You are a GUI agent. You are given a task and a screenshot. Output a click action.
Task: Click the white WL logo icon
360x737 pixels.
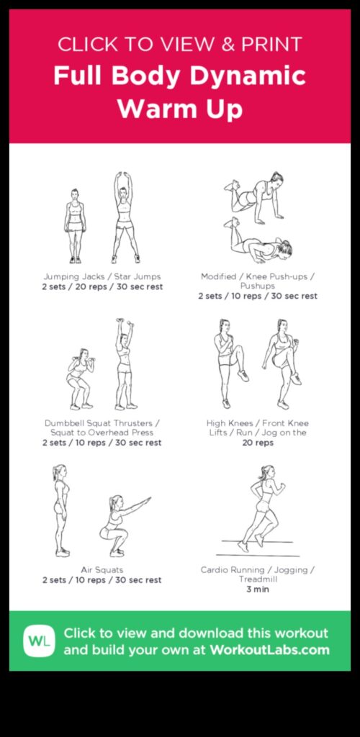tap(39, 641)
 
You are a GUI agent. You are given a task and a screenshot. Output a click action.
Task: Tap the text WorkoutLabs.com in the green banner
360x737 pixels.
tap(269, 650)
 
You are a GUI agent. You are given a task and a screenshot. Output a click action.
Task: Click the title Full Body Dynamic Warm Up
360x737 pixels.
tap(179, 93)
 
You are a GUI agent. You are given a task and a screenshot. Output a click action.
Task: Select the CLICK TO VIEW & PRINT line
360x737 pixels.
tap(179, 44)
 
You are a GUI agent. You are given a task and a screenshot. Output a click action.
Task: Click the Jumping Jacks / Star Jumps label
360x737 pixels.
tap(102, 276)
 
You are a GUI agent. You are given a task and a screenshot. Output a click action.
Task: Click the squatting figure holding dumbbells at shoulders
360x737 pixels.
tap(80, 379)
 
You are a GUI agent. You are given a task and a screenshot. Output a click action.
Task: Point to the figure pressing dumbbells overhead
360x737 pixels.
tap(125, 365)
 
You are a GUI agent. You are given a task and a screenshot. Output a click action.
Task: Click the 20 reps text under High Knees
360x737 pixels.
tap(257, 443)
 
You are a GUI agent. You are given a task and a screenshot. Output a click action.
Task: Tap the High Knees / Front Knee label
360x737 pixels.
tap(257, 423)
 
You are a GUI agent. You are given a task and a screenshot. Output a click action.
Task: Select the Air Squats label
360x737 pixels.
tap(102, 570)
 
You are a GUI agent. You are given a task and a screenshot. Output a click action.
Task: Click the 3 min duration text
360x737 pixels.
tap(257, 589)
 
